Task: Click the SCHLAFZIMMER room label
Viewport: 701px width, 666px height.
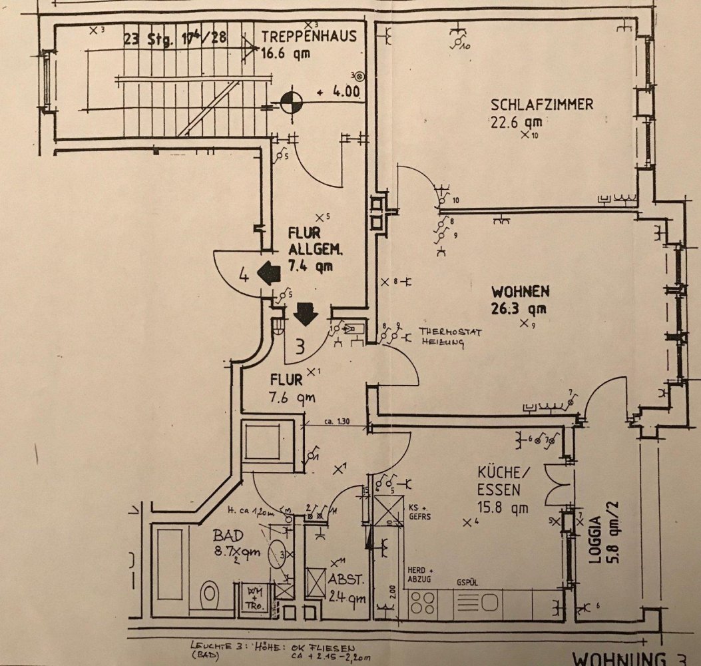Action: [x=541, y=105]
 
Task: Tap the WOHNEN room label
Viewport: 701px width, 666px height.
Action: [x=520, y=291]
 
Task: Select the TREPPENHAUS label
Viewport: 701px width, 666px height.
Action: [x=309, y=36]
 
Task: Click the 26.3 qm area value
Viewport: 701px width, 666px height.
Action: [x=519, y=308]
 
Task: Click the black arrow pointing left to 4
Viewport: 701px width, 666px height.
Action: [x=268, y=272]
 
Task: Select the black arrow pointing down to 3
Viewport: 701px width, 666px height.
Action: [x=306, y=314]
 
